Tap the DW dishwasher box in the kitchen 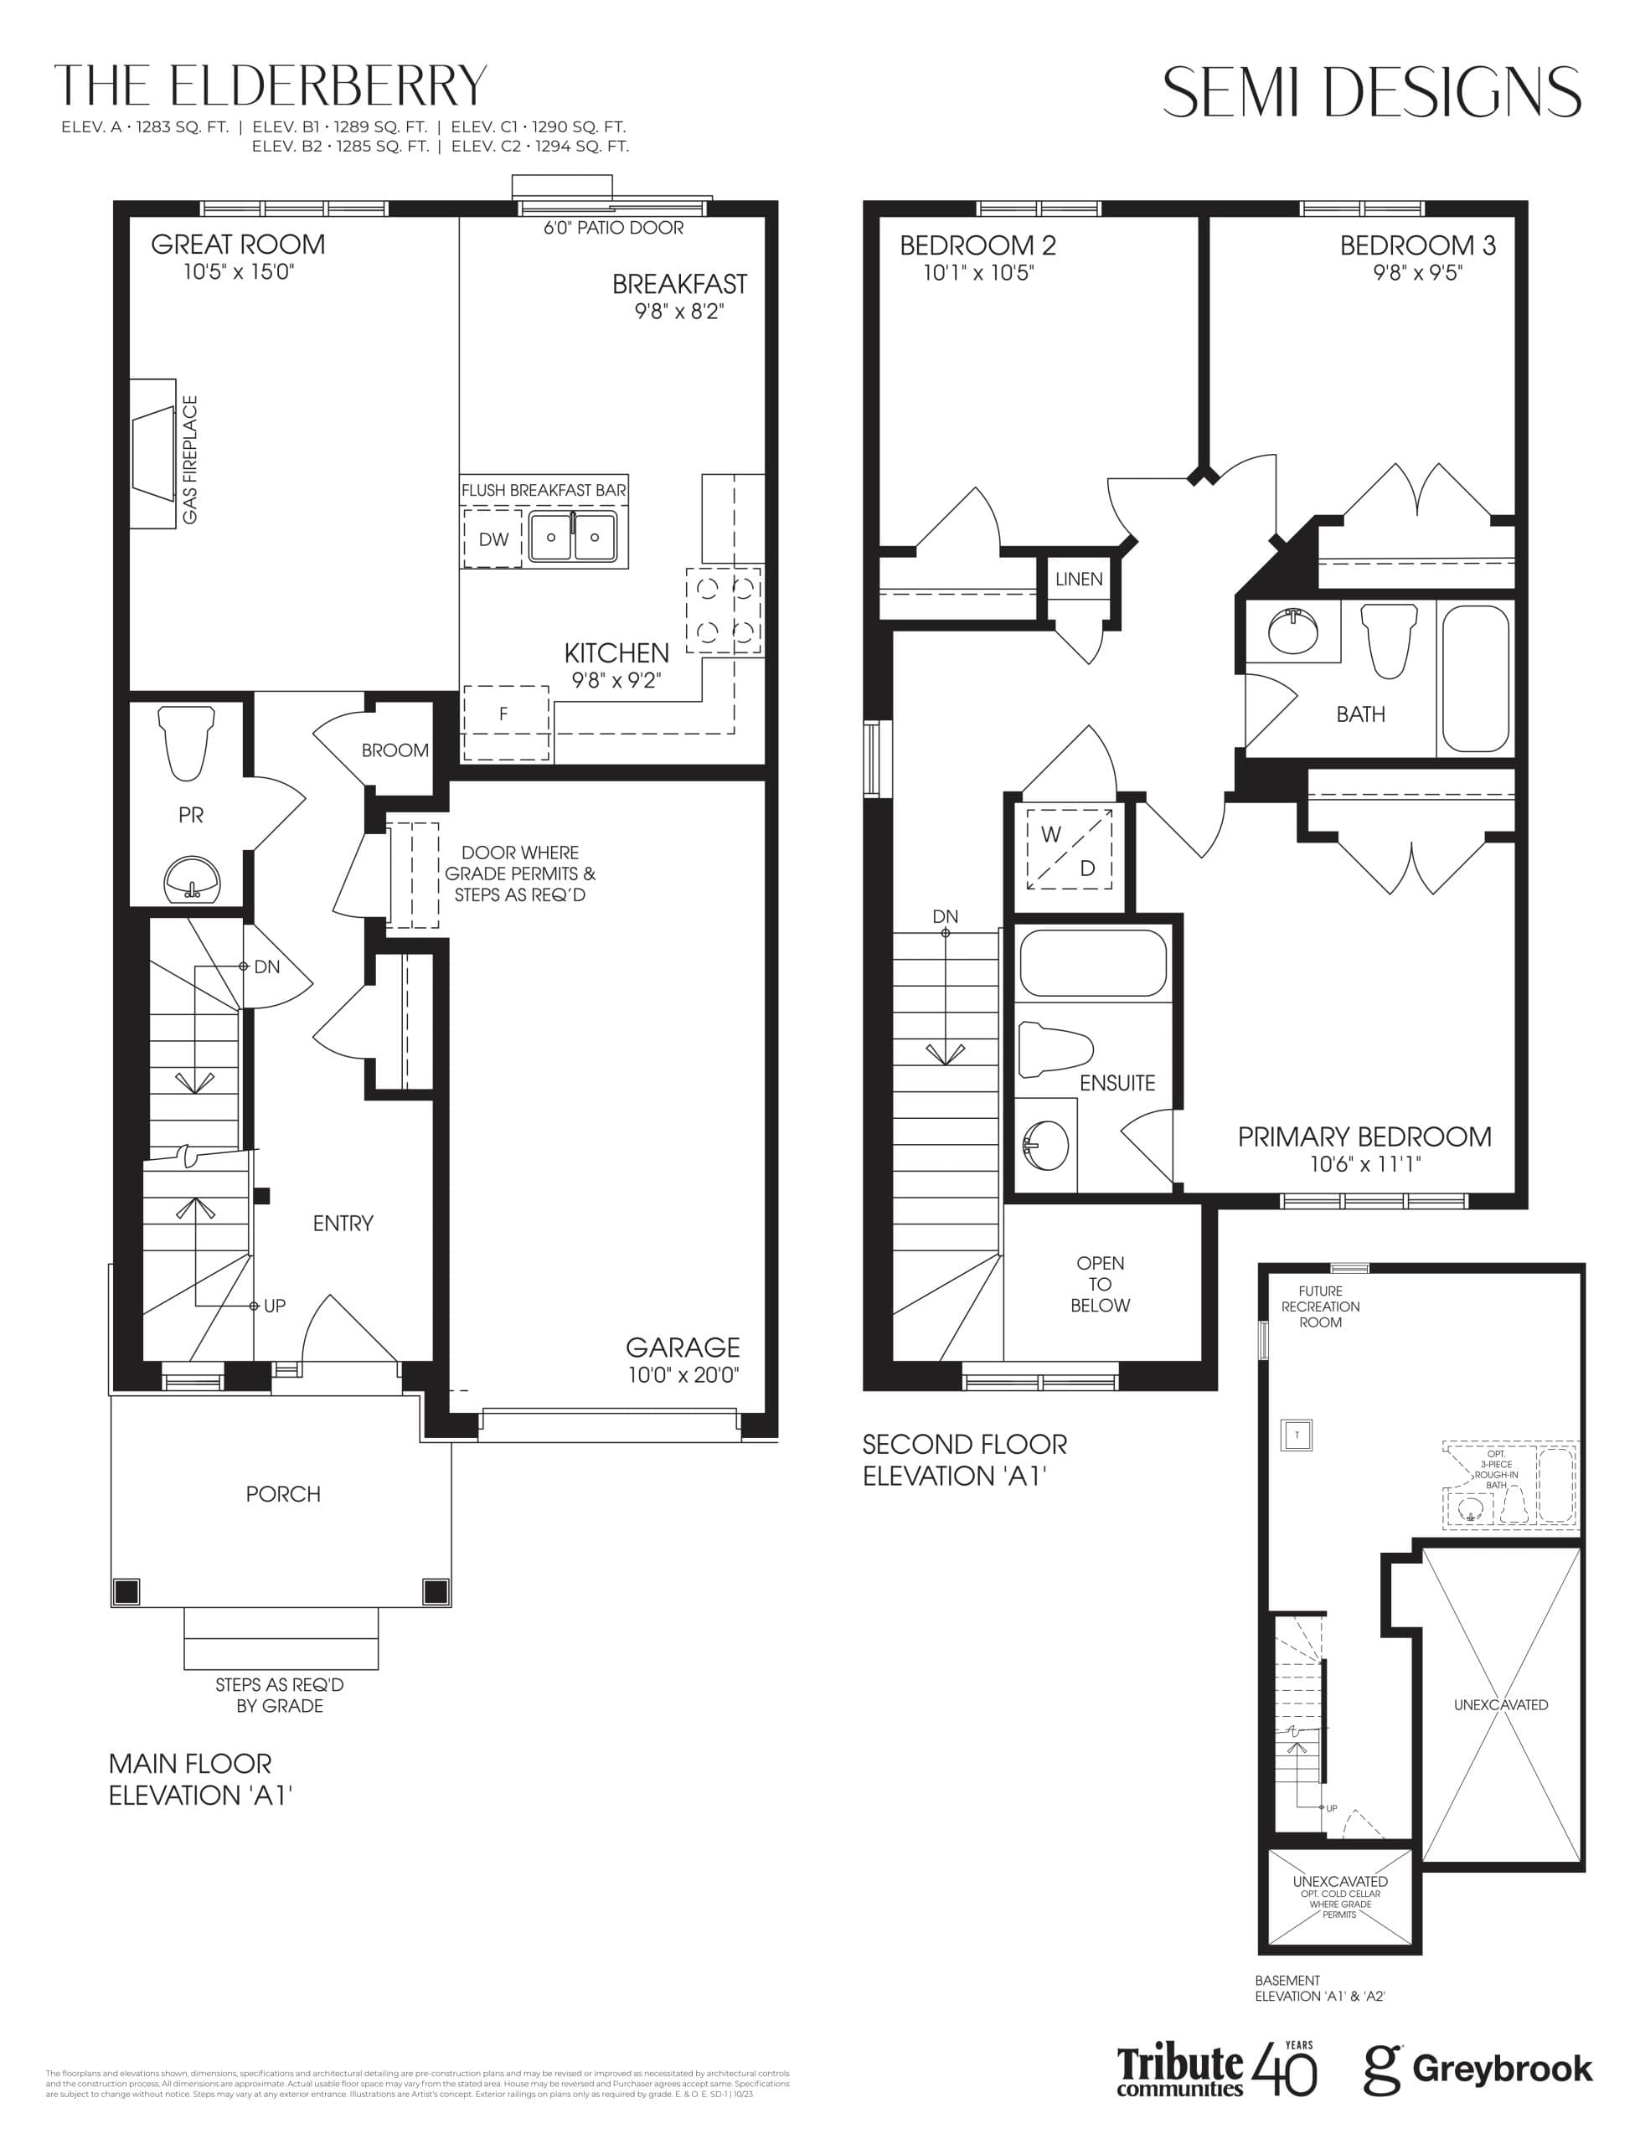493,539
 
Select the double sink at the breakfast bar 573,537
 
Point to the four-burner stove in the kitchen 725,610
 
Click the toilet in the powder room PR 187,742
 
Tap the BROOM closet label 395,750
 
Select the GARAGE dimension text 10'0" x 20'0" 683,1375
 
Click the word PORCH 283,1494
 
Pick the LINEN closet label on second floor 1079,579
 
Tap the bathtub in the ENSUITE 1093,962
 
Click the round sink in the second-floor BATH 1292,631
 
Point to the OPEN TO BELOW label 1100,1284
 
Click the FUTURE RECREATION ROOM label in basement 1320,1306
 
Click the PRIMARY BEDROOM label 1364,1136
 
